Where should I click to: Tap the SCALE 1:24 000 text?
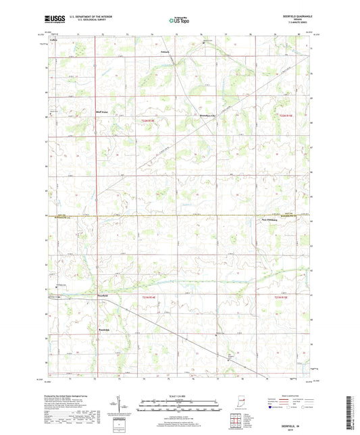click(179, 396)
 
